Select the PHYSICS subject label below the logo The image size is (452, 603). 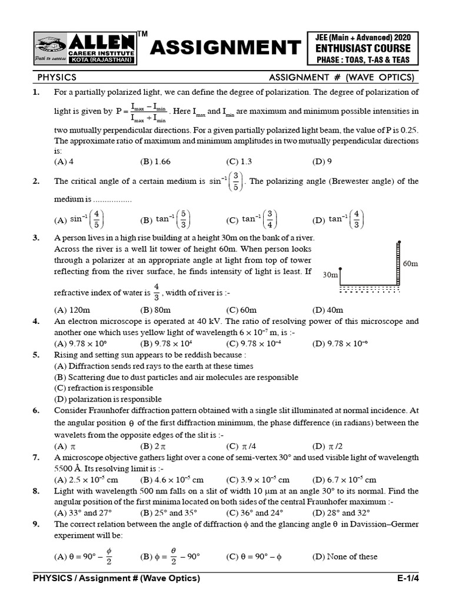click(x=57, y=78)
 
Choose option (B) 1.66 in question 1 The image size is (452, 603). click(x=155, y=161)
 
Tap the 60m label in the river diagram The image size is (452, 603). click(x=410, y=264)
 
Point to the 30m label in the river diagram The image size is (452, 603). click(x=330, y=275)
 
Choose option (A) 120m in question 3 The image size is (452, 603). click(x=68, y=310)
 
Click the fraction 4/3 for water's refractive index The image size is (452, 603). click(x=157, y=291)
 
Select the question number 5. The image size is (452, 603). click(x=36, y=355)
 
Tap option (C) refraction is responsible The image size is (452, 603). click(x=104, y=388)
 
